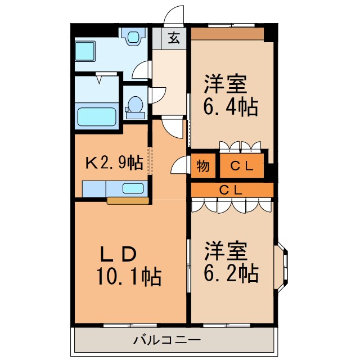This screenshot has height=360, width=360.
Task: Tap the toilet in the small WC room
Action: [x=135, y=106]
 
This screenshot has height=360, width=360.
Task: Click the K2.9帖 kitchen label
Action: [x=113, y=164]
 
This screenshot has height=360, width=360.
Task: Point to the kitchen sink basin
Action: [x=133, y=188]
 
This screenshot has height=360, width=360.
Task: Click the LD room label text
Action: [x=118, y=254]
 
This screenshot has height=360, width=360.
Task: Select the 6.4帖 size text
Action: [x=231, y=106]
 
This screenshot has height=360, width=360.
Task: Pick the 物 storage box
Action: [x=203, y=166]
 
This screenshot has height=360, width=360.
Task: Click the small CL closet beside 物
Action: [x=241, y=166]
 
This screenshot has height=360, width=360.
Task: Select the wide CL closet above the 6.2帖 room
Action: [x=232, y=190]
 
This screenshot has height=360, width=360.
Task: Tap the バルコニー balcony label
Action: [x=166, y=340]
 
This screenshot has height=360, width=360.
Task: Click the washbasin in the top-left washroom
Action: [x=133, y=37]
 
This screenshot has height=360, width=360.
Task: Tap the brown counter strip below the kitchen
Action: [x=128, y=200]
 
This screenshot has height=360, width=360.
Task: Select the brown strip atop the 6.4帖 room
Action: [x=227, y=34]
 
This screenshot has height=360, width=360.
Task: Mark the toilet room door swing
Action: [x=157, y=94]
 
